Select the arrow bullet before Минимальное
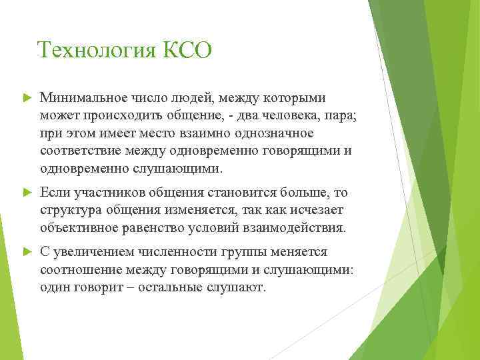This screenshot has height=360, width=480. click(27, 98)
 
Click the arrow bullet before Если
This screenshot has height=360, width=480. click(27, 193)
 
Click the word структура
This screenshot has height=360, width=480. click(68, 211)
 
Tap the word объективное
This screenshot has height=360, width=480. click(79, 228)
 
